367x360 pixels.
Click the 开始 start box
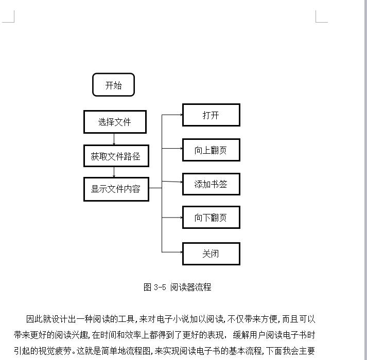coord(114,85)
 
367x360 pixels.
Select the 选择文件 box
coord(115,122)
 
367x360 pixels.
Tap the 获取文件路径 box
coord(116,156)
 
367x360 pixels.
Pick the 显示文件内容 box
coord(116,189)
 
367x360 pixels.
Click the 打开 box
coord(211,115)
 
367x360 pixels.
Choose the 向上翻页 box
coord(211,150)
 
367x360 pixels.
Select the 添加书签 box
coord(211,184)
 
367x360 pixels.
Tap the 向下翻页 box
coord(211,218)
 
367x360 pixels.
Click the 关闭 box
coord(211,254)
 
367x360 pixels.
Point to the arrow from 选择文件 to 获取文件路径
coord(114,139)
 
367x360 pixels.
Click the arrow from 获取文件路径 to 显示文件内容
coord(114,172)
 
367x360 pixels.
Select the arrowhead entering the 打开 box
coord(181,115)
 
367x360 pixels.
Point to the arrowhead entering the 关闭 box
coord(181,252)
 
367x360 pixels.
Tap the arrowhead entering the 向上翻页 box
coord(181,148)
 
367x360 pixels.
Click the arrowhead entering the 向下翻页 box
coord(181,218)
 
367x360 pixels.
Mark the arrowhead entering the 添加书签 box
coord(181,182)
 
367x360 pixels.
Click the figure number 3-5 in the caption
coord(160,287)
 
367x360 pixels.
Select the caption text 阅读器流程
coord(190,287)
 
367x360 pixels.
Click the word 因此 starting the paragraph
coord(34,319)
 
